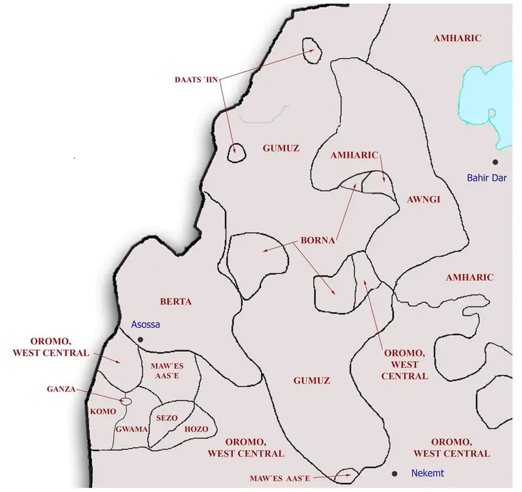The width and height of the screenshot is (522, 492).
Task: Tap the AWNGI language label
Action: point(423,199)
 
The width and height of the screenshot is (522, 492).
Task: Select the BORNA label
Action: point(318,241)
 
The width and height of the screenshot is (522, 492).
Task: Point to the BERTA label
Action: point(175,302)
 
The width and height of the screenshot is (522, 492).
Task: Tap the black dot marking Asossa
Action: point(140,339)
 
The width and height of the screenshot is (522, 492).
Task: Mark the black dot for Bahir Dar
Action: point(495,162)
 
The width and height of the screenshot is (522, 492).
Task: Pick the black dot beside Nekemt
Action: point(395,474)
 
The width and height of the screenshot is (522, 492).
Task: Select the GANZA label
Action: point(61,390)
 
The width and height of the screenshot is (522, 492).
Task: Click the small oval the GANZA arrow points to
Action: point(126,401)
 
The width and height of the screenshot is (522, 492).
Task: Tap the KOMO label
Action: point(103,411)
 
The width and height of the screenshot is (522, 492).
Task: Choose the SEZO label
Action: point(167,417)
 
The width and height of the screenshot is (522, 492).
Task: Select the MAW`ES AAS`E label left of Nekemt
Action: point(278,479)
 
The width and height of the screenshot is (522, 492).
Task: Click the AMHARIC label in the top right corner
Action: point(457,38)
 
